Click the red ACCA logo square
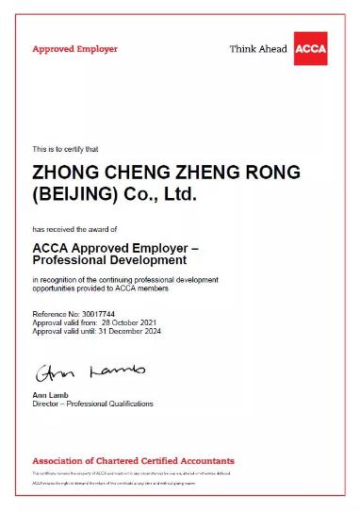click(x=310, y=48)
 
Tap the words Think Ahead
click(x=258, y=49)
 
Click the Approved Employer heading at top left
click(x=75, y=49)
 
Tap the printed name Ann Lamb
click(x=52, y=395)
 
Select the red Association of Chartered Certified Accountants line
click(x=133, y=461)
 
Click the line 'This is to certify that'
click(x=72, y=149)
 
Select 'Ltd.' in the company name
click(x=182, y=196)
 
